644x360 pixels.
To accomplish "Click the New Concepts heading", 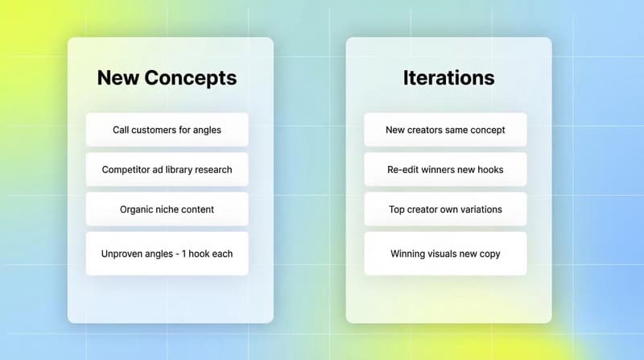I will pyautogui.click(x=167, y=78).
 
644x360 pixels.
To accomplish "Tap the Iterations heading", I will pyautogui.click(x=448, y=78).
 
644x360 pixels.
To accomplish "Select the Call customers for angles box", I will pyautogui.click(x=167, y=130).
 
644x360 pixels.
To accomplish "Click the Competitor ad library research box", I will pyautogui.click(x=167, y=170).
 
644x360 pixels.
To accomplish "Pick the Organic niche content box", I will pyautogui.click(x=167, y=209).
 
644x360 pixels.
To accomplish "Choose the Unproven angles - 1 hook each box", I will pyautogui.click(x=167, y=254).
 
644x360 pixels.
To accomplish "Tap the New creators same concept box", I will pyautogui.click(x=445, y=130).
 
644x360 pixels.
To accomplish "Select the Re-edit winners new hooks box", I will pyautogui.click(x=445, y=170).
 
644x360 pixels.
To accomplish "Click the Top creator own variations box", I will pyautogui.click(x=445, y=209).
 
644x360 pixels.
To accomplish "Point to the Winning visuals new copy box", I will pyautogui.click(x=445, y=254).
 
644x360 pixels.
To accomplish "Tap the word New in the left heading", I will pyautogui.click(x=118, y=78).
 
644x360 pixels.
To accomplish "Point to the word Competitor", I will pyautogui.click(x=126, y=170).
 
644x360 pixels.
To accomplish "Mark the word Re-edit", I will pyautogui.click(x=404, y=170).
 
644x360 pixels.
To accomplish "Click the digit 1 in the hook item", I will pyautogui.click(x=192, y=254).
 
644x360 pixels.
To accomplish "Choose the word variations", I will pyautogui.click(x=480, y=209).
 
